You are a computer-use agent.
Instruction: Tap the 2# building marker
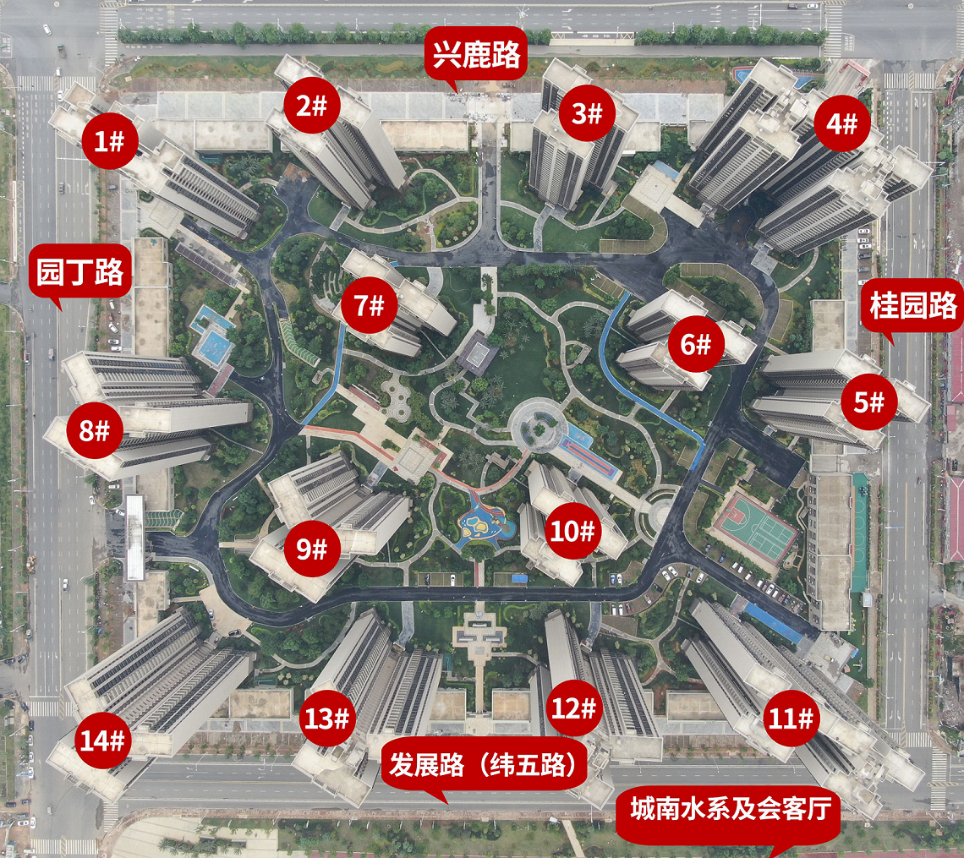tap(312, 106)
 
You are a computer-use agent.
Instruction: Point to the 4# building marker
tap(841, 124)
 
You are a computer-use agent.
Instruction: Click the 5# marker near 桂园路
tap(868, 402)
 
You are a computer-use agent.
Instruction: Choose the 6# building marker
tap(698, 344)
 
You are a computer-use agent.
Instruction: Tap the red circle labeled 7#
tap(369, 304)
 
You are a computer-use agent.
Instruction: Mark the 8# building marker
tap(95, 430)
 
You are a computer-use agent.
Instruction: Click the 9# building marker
tap(312, 549)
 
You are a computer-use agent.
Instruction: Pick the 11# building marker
tap(791, 719)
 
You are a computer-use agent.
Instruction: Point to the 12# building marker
tap(574, 708)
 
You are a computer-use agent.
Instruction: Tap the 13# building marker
tap(326, 719)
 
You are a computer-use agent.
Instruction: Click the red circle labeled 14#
tap(103, 741)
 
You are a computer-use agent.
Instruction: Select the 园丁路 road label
tap(80, 272)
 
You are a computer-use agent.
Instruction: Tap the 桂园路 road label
tap(913, 305)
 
